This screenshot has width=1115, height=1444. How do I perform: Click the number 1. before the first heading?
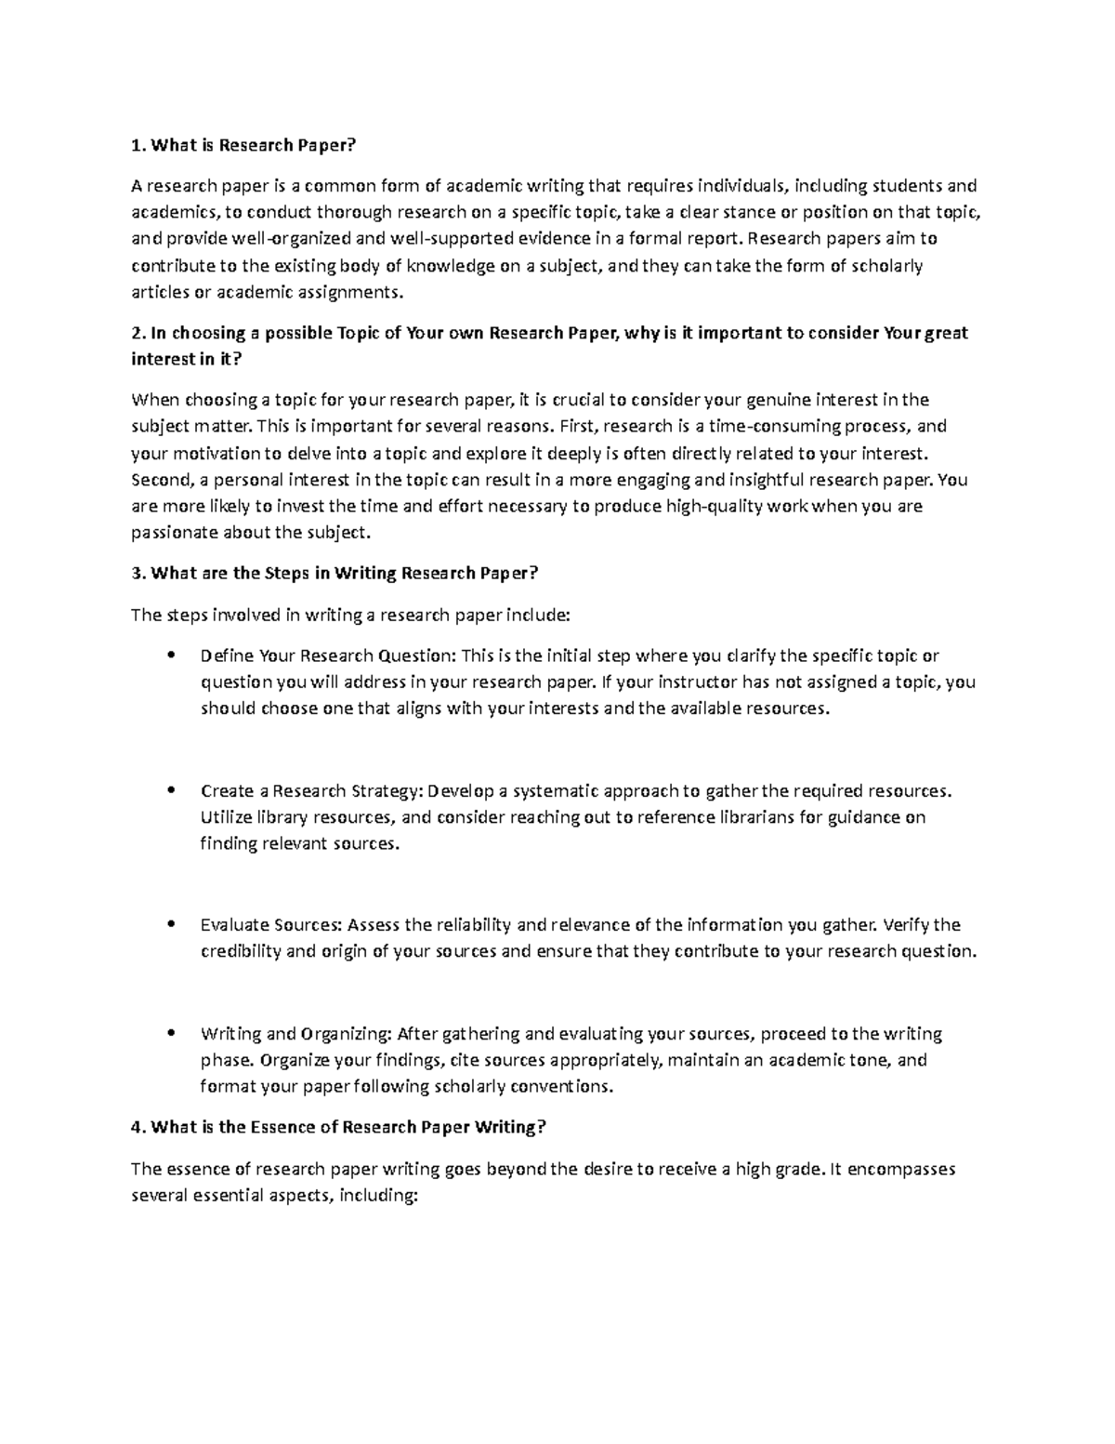click(x=138, y=144)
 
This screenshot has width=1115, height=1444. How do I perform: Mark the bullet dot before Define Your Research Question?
click(x=169, y=655)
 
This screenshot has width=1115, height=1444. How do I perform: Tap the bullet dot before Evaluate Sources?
click(x=169, y=924)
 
